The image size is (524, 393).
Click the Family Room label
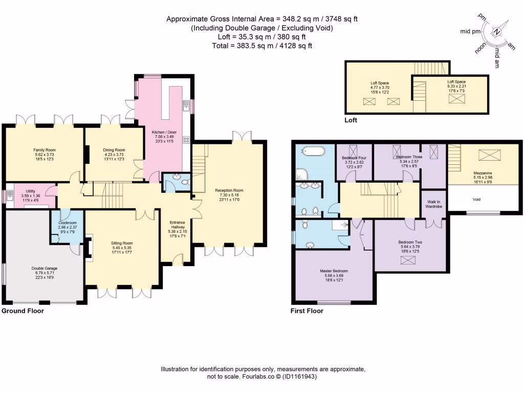[x=43, y=150]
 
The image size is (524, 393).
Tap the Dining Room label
[x=114, y=150]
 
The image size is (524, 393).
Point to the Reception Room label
[x=228, y=190]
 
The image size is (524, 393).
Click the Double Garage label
[x=44, y=268]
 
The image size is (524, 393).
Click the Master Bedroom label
[x=335, y=271]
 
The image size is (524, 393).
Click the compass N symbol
[x=496, y=31]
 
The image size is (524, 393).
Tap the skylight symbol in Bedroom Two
[x=408, y=260]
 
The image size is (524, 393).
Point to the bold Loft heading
[x=351, y=120]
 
